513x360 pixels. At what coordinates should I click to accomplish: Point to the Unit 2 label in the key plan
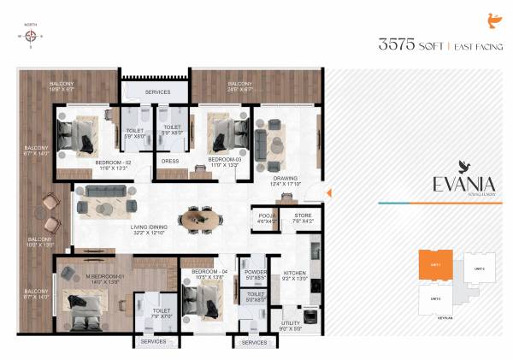[479, 269]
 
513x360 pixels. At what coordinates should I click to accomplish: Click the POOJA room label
[263, 217]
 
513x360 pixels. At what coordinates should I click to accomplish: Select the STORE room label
[304, 217]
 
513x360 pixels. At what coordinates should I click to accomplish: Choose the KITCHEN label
[296, 274]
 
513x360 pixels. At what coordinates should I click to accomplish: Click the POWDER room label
[256, 274]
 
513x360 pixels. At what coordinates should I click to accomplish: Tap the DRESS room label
[169, 160]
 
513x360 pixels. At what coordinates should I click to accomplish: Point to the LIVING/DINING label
[147, 229]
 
